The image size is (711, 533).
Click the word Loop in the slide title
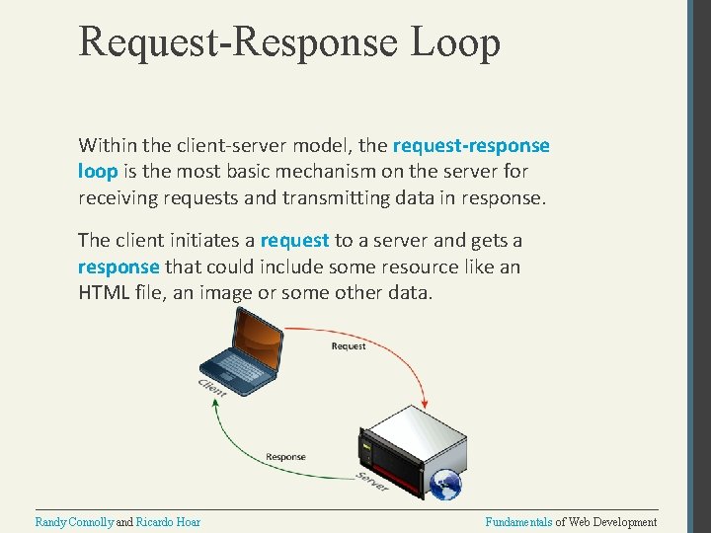point(457,42)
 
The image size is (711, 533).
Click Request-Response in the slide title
point(237,42)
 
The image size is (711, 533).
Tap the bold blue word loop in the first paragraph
point(97,171)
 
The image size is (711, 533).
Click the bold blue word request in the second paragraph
point(294,240)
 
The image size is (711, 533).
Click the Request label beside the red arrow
point(349,346)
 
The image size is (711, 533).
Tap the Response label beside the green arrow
point(285,457)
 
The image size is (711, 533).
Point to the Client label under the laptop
point(212,387)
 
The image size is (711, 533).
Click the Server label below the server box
point(372,483)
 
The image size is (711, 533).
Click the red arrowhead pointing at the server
point(425,401)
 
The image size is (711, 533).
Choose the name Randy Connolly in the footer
point(74,522)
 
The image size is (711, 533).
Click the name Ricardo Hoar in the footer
point(168,522)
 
